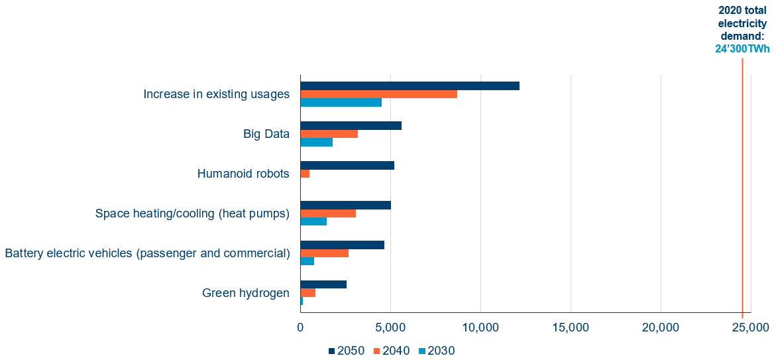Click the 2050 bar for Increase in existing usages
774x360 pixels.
[410, 86]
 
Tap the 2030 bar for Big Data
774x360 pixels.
[316, 142]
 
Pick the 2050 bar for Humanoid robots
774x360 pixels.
[347, 165]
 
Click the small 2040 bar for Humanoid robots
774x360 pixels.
[305, 174]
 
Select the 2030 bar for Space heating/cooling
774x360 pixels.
[313, 221]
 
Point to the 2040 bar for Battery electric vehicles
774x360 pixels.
[324, 253]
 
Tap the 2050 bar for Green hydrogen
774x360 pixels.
[323, 284]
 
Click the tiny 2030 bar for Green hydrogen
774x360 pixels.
[302, 301]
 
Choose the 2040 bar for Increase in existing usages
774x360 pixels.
[378, 94]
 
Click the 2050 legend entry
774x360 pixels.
[347, 351]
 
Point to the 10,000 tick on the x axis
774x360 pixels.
[480, 327]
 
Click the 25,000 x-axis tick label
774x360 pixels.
[750, 327]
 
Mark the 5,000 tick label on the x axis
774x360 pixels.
[390, 327]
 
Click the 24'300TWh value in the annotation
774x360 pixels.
[742, 48]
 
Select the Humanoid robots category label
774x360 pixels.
[243, 174]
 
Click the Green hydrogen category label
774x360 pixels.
[246, 293]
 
